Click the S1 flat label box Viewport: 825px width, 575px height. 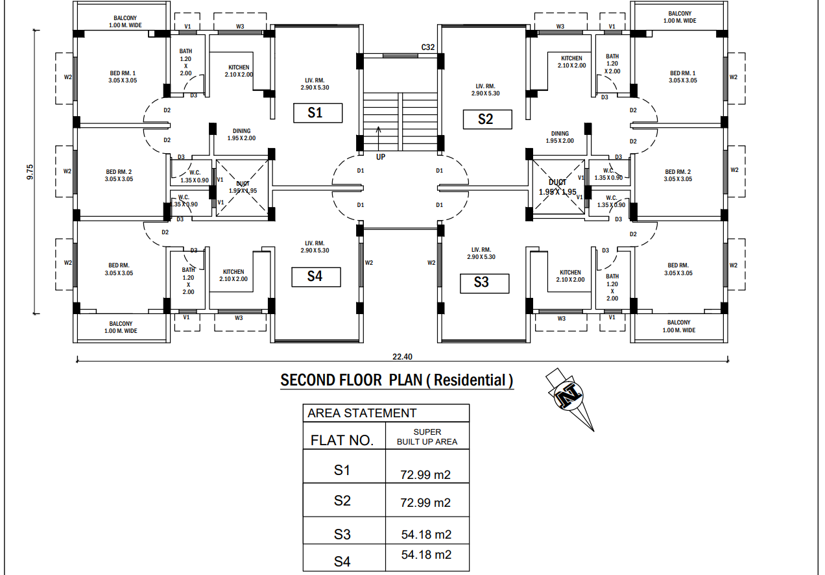pyautogui.click(x=315, y=112)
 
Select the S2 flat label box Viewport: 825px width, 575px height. pyautogui.click(x=486, y=119)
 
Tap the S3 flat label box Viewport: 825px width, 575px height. pyautogui.click(x=481, y=282)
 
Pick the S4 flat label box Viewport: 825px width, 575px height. pyautogui.click(x=315, y=276)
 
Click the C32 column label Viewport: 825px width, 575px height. pyautogui.click(x=427, y=47)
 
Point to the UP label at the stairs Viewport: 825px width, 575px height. pyautogui.click(x=381, y=156)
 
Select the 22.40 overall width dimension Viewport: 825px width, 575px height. pyautogui.click(x=402, y=356)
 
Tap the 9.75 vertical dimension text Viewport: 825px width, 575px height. pyautogui.click(x=30, y=173)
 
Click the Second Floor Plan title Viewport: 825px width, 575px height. pyautogui.click(x=396, y=380)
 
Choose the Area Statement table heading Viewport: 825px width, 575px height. pyautogui.click(x=362, y=413)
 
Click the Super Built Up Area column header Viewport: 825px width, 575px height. pyautogui.click(x=427, y=437)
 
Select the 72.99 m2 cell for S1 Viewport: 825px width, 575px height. pyautogui.click(x=425, y=474)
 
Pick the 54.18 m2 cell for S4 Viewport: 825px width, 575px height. pyautogui.click(x=425, y=555)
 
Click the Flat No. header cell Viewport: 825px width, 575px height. pyautogui.click(x=342, y=440)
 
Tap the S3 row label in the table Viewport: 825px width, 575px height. pyautogui.click(x=342, y=534)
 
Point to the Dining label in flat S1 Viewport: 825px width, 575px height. pyautogui.click(x=241, y=134)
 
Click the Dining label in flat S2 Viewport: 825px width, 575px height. pyautogui.click(x=560, y=137)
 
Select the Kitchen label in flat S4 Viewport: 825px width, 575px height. pyautogui.click(x=233, y=275)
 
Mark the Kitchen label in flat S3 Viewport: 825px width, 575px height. pyautogui.click(x=570, y=276)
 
